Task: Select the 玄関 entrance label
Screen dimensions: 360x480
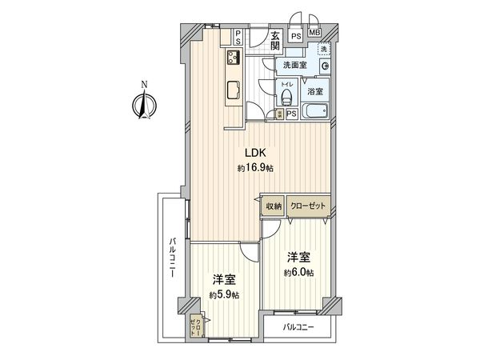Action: click(274, 41)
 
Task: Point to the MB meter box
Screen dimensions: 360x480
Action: click(314, 34)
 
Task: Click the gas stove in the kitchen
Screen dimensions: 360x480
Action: click(234, 58)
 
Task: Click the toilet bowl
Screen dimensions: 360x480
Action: click(286, 98)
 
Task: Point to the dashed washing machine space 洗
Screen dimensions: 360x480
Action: click(324, 50)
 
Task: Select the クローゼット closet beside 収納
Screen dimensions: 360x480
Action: click(308, 206)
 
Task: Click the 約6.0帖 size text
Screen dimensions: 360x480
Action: click(299, 273)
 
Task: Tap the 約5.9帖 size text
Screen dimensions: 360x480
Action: click(224, 294)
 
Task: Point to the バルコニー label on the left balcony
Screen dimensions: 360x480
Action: click(173, 258)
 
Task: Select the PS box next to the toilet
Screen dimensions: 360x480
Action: click(291, 114)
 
